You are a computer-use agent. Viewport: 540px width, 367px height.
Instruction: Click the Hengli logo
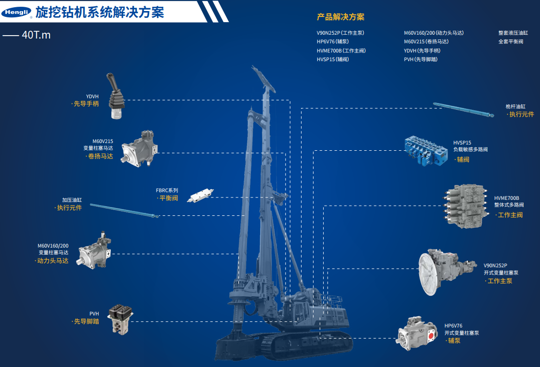[16, 13]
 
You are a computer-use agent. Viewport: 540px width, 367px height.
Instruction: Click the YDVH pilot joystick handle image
[116, 96]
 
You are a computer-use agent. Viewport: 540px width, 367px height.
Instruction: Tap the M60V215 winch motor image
[140, 149]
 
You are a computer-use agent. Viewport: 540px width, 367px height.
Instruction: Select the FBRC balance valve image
[200, 195]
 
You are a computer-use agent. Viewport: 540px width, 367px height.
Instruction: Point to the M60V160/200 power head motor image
[94, 250]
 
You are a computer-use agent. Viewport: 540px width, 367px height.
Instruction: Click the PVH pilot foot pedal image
[120, 319]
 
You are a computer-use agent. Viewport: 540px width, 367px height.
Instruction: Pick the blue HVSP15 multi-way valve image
[426, 151]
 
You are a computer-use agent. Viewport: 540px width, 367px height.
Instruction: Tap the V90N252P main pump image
[447, 272]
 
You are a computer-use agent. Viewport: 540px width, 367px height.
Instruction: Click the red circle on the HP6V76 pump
[431, 336]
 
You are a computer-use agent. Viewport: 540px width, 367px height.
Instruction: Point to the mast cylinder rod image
[463, 110]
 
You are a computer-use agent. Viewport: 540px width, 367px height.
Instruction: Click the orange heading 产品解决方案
[340, 17]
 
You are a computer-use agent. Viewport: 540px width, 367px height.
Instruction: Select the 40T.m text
[36, 35]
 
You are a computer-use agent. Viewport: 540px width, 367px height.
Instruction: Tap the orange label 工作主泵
[500, 281]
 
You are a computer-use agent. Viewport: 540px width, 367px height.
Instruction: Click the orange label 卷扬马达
[100, 157]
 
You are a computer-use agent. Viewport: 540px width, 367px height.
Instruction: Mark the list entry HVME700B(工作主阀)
[341, 51]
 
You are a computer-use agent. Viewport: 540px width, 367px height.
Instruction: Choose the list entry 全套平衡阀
[511, 41]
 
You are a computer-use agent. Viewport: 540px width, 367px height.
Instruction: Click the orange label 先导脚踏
[86, 321]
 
